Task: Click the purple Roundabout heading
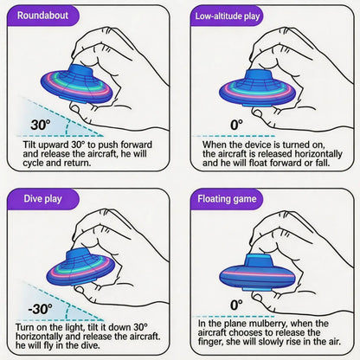(x=43, y=16)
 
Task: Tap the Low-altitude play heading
(x=227, y=16)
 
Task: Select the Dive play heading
(x=43, y=199)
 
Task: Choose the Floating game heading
(x=227, y=199)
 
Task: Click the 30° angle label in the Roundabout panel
(x=41, y=125)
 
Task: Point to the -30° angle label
(x=41, y=309)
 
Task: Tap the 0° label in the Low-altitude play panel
(x=236, y=125)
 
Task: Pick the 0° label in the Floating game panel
(x=236, y=305)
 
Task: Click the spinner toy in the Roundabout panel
(x=77, y=84)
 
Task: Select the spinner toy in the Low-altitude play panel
(x=258, y=87)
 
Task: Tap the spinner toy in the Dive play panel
(x=81, y=266)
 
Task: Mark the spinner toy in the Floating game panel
(x=258, y=273)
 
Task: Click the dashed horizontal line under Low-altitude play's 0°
(x=234, y=136)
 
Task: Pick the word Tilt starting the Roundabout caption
(x=29, y=145)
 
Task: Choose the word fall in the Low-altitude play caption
(x=322, y=163)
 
